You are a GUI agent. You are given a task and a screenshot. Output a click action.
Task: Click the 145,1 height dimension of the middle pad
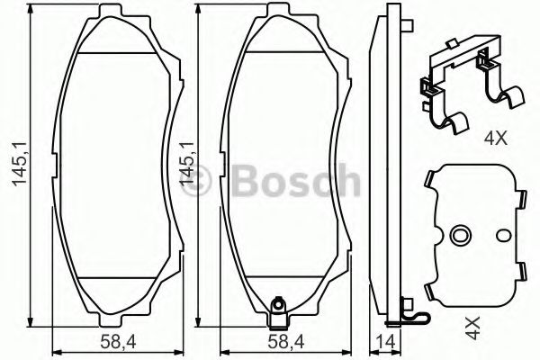click(187, 165)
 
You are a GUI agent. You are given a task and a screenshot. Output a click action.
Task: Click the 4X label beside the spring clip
click(496, 139)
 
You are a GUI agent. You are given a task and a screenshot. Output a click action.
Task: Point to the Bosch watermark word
click(296, 180)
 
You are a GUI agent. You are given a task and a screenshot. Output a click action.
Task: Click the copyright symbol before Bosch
click(196, 180)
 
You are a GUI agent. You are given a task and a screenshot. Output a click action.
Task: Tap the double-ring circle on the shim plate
click(459, 236)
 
